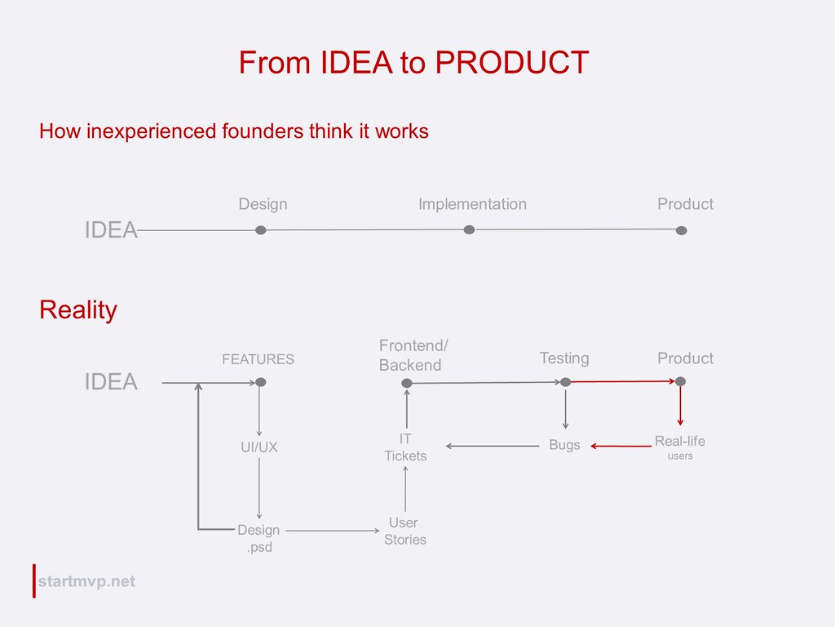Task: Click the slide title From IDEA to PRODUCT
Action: point(413,63)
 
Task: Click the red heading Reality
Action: point(78,310)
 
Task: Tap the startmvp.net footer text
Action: point(86,581)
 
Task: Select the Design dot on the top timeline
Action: point(261,230)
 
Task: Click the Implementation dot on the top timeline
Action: point(469,230)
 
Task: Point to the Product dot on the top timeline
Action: point(682,230)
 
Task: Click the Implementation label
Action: point(472,204)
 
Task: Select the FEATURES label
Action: point(258,359)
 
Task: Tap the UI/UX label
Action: point(258,447)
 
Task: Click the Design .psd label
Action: point(258,539)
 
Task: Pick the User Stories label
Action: point(404,531)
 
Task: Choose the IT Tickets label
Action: point(405,447)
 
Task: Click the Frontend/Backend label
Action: point(413,356)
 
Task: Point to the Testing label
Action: point(563,358)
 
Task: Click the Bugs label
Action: point(564,446)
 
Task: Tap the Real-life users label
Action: point(680,447)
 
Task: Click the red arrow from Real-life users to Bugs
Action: point(621,446)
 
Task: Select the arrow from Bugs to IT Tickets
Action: point(493,446)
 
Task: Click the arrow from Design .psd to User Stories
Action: point(334,531)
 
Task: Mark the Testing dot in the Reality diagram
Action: point(565,382)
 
